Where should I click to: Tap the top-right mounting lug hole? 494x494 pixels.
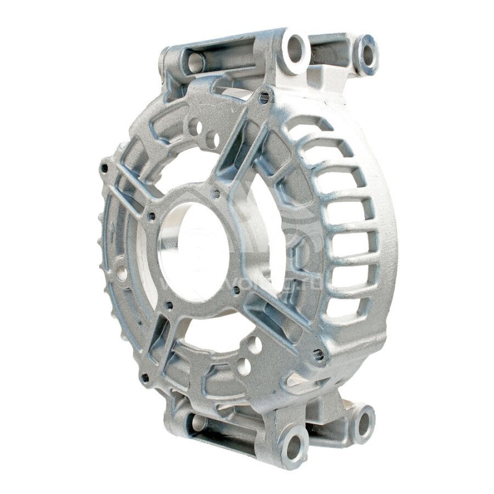[x=367, y=52]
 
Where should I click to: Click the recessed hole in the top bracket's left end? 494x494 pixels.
[x=195, y=61]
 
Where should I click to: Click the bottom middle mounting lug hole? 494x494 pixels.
[x=293, y=446]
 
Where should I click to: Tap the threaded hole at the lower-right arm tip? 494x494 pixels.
[x=319, y=354]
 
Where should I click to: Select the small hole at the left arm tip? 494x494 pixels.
[x=104, y=168]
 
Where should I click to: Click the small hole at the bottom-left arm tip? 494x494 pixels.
[x=145, y=377]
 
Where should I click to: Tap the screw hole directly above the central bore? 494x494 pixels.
[x=216, y=193]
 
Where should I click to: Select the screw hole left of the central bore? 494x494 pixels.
[x=151, y=217]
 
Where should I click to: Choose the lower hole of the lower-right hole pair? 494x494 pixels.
[x=244, y=367]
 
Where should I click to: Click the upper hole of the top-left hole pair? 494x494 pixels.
[x=196, y=128]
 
